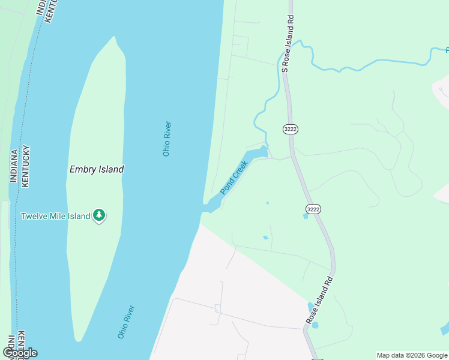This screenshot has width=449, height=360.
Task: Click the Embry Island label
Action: tap(96, 169)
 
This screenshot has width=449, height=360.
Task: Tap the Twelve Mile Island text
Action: tap(55, 216)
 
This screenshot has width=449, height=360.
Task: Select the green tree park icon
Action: tap(99, 215)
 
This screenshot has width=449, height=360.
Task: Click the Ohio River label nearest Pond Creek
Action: tap(167, 139)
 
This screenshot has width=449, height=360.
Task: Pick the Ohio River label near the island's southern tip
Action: tap(126, 322)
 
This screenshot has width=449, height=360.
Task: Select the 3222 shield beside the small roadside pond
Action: tap(313, 209)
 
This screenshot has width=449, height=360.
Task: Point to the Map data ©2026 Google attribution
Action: tap(412, 355)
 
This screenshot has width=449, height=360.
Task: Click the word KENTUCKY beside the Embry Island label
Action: tap(25, 167)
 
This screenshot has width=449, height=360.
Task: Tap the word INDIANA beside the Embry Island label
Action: tap(13, 167)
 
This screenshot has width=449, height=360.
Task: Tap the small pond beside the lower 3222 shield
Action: tap(306, 216)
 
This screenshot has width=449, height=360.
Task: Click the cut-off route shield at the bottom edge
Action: tap(318, 358)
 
